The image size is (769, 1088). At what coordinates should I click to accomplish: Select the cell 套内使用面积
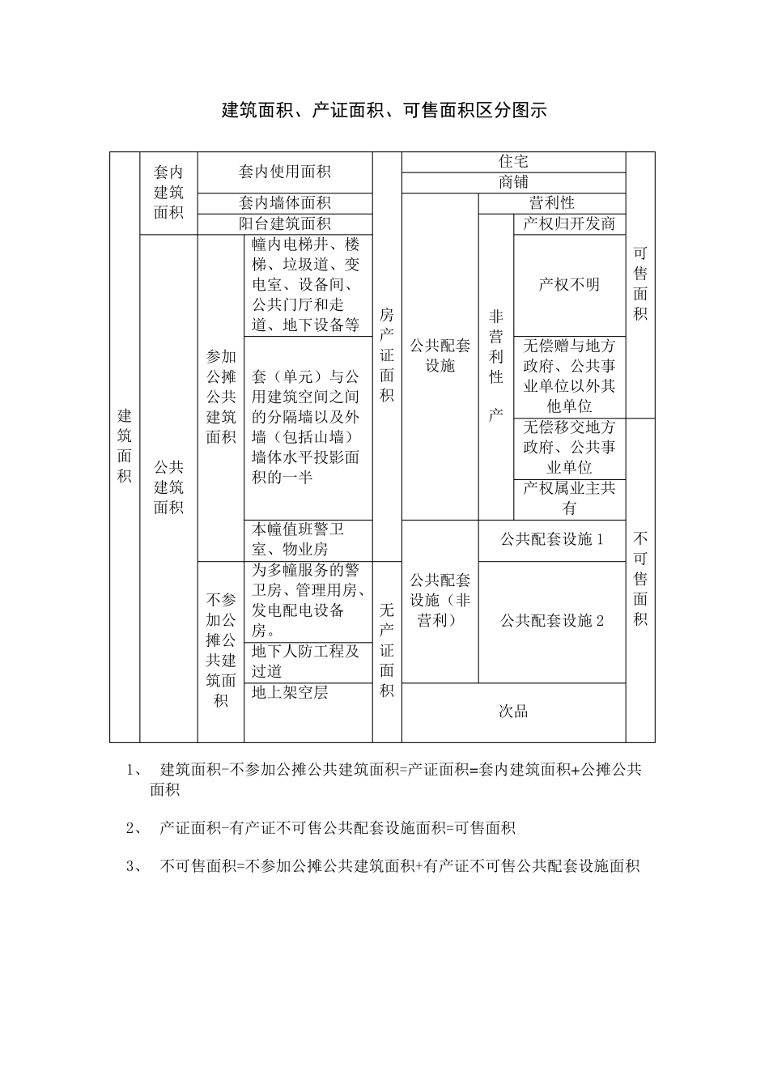pos(284,172)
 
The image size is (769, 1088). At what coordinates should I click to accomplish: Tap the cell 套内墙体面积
pos(284,203)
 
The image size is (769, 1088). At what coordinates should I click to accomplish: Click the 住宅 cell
pos(513,162)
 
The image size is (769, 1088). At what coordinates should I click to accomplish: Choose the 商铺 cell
pos(513,183)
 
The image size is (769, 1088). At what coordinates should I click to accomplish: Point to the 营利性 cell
pos(551,203)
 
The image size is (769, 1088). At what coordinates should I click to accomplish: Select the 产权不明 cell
pos(569,285)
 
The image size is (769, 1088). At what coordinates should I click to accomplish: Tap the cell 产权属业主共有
pos(569,499)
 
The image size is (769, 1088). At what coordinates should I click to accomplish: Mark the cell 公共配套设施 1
pos(551,540)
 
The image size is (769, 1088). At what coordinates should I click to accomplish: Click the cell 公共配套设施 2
pos(551,622)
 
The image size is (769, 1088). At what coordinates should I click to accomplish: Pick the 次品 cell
pos(513,712)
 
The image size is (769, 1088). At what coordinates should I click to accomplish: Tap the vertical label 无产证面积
pos(387,650)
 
